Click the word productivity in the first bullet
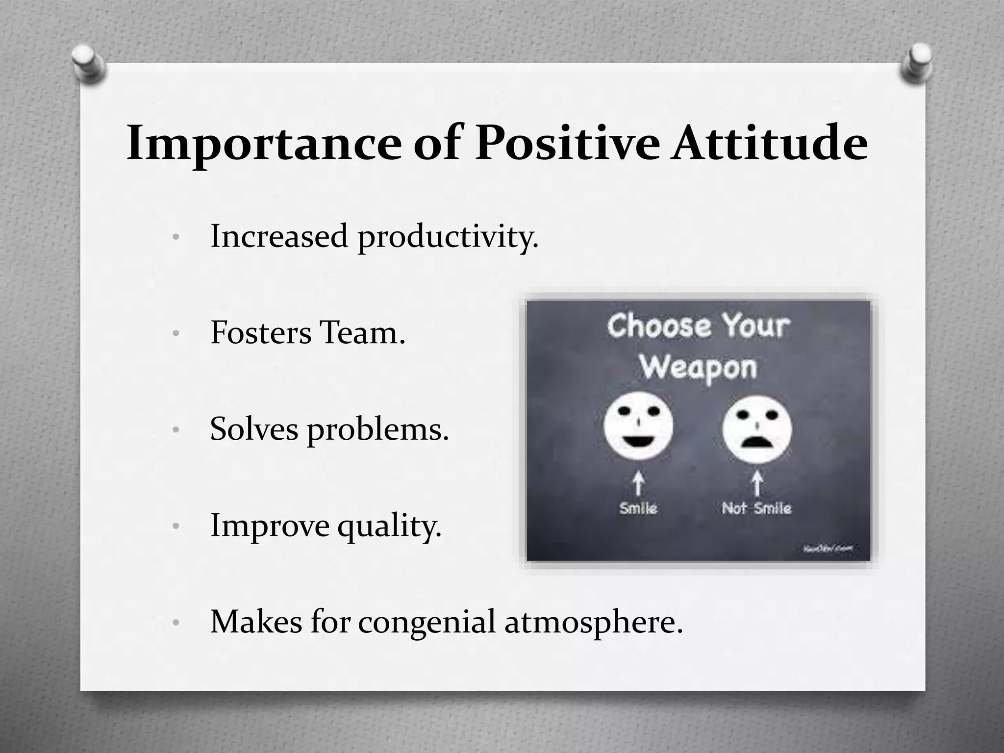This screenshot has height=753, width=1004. [448, 237]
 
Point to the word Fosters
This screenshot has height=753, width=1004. [260, 333]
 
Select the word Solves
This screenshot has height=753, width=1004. [254, 429]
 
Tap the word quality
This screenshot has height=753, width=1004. [390, 527]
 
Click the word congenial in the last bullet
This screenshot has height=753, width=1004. [427, 622]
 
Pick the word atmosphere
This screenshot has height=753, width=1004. [593, 623]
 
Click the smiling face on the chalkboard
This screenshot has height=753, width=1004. [638, 427]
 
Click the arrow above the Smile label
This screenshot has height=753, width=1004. [638, 483]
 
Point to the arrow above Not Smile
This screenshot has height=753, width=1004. [757, 483]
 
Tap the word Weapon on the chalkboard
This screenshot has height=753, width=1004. [698, 368]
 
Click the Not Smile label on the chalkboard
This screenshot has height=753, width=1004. [756, 508]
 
